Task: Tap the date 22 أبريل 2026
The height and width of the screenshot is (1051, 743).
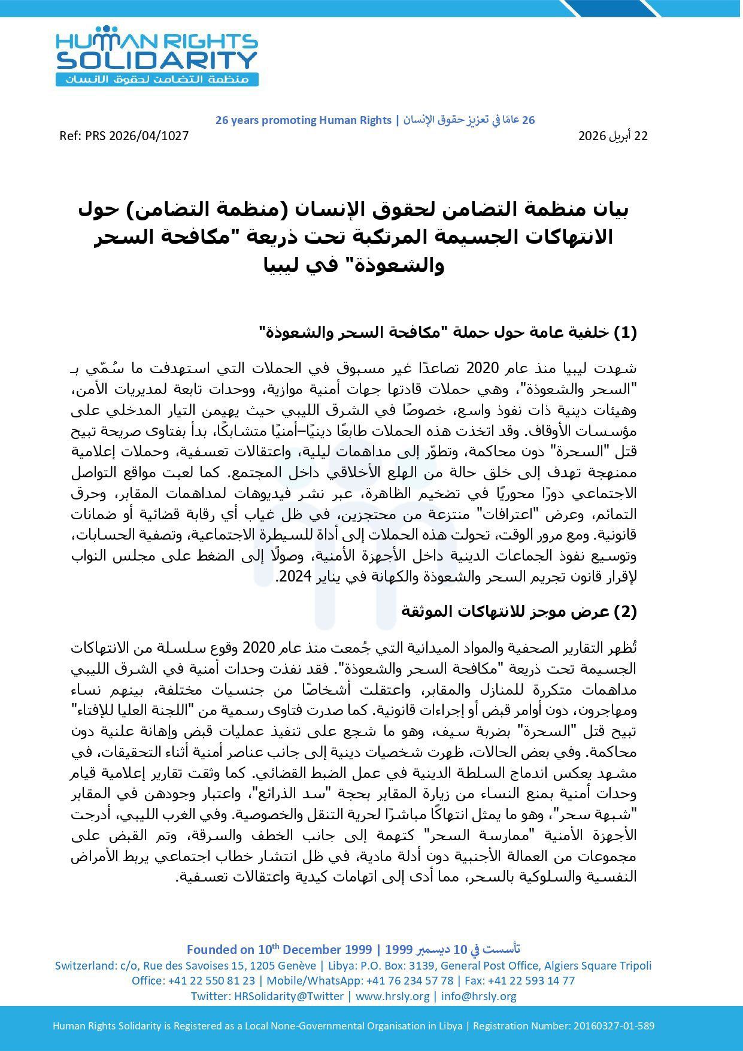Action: pyautogui.click(x=612, y=136)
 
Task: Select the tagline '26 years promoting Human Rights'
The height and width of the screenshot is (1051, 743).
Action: pyautogui.click(x=303, y=120)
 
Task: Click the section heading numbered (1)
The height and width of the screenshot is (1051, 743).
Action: pyautogui.click(x=447, y=332)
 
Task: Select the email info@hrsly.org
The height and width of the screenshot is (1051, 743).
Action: pyautogui.click(x=479, y=996)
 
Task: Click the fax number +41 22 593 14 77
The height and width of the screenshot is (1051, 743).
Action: pyautogui.click(x=526, y=980)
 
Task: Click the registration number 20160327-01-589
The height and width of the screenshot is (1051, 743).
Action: pyautogui.click(x=614, y=1026)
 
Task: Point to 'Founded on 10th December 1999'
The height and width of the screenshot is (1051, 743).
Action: pyautogui.click(x=278, y=949)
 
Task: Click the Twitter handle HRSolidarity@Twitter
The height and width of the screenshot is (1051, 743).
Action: pyautogui.click(x=289, y=996)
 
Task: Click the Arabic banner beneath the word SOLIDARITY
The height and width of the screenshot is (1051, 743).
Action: pyautogui.click(x=157, y=79)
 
